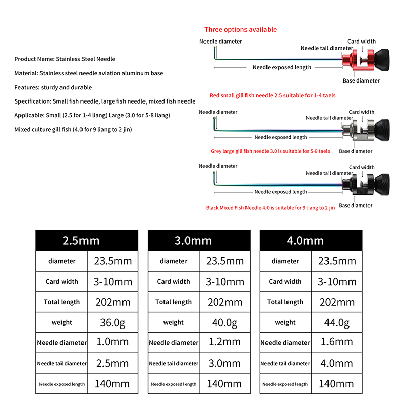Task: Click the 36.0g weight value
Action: click(112, 323)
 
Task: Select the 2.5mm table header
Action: click(87, 240)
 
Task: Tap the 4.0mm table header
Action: click(311, 240)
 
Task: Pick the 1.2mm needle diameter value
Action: click(224, 342)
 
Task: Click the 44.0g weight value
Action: click(336, 323)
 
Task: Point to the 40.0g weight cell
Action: click(224, 323)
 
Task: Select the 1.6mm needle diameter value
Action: click(336, 342)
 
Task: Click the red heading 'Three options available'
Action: click(240, 30)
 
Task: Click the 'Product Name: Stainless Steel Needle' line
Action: click(65, 59)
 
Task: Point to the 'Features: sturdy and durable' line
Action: click(53, 88)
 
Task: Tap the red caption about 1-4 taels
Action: click(273, 95)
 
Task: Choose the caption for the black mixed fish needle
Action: click(270, 208)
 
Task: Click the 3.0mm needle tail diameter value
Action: click(224, 363)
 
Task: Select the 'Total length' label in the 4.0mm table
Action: click(285, 302)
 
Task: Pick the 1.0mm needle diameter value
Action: click(112, 342)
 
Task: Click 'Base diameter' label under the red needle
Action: click(361, 80)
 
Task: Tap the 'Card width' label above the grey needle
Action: click(361, 112)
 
